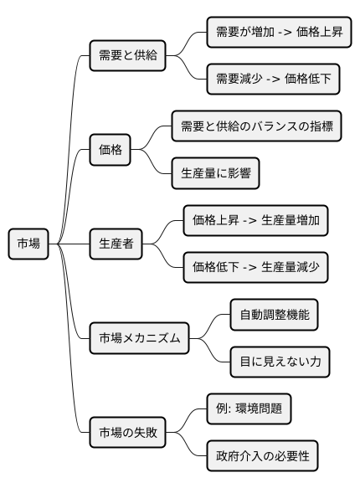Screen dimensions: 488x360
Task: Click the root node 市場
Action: tap(28, 244)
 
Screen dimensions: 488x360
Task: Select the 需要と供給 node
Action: tap(128, 58)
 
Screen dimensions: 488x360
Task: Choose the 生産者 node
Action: tap(116, 244)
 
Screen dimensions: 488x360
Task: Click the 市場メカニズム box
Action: tap(140, 338)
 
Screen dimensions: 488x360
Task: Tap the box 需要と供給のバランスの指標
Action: tap(259, 128)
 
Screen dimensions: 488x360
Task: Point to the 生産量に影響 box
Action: tap(213, 175)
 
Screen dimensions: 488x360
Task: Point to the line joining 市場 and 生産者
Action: tap(71, 244)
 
